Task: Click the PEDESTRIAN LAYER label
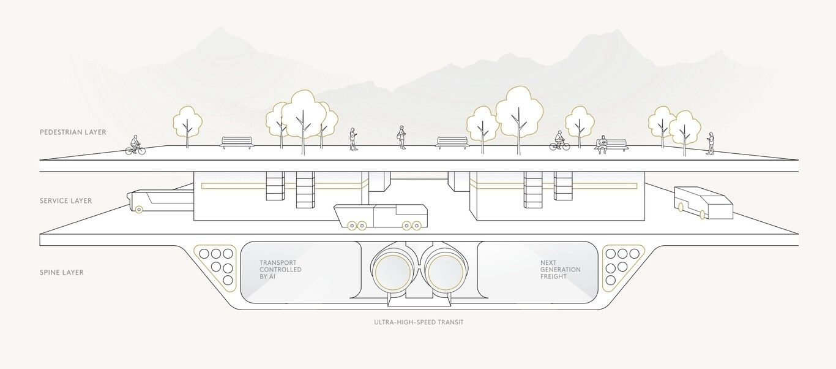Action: (x=73, y=132)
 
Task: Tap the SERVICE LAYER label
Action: (x=65, y=201)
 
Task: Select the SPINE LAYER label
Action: (x=62, y=272)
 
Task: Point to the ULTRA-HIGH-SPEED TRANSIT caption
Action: (x=419, y=322)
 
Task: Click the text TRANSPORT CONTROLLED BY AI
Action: (x=280, y=270)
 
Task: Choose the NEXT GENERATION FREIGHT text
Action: (x=560, y=270)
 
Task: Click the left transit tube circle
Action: (x=392, y=272)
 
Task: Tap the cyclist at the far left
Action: (x=135, y=145)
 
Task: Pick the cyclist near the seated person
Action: (x=559, y=142)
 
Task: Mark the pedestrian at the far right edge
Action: (x=711, y=143)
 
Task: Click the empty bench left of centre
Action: (x=236, y=142)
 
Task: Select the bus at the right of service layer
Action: (x=703, y=203)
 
